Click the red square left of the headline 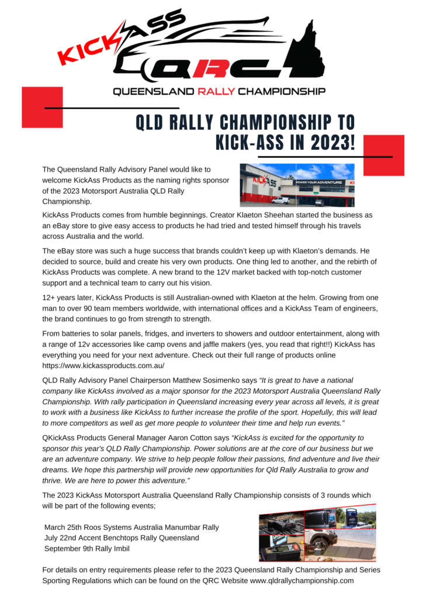42,107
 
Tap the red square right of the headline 383,155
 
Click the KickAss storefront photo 297,185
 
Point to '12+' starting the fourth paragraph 50,298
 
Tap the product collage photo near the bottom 317,533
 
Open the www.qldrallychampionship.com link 302,580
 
